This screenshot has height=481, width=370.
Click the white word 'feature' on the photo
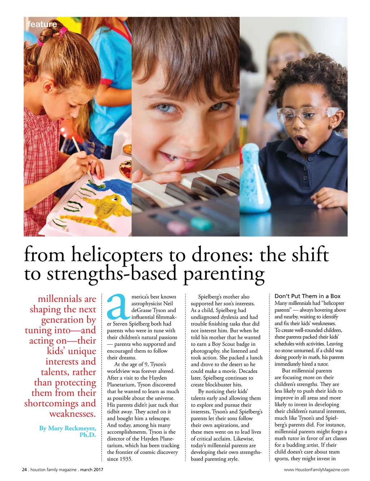(x=42, y=24)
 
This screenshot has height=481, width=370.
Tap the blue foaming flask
(x=255, y=181)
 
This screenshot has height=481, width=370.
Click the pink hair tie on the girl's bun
(x=63, y=32)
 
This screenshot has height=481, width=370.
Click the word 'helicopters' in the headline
(x=117, y=255)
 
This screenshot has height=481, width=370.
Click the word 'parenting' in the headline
(x=224, y=274)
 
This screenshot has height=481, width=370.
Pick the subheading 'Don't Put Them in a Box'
(x=307, y=296)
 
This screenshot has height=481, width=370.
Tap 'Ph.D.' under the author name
(x=88, y=435)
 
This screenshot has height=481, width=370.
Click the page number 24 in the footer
(x=25, y=470)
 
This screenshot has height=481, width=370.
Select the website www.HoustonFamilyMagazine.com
(x=317, y=470)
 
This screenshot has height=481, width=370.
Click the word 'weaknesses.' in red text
(x=73, y=414)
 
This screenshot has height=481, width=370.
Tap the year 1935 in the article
(x=125, y=459)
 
